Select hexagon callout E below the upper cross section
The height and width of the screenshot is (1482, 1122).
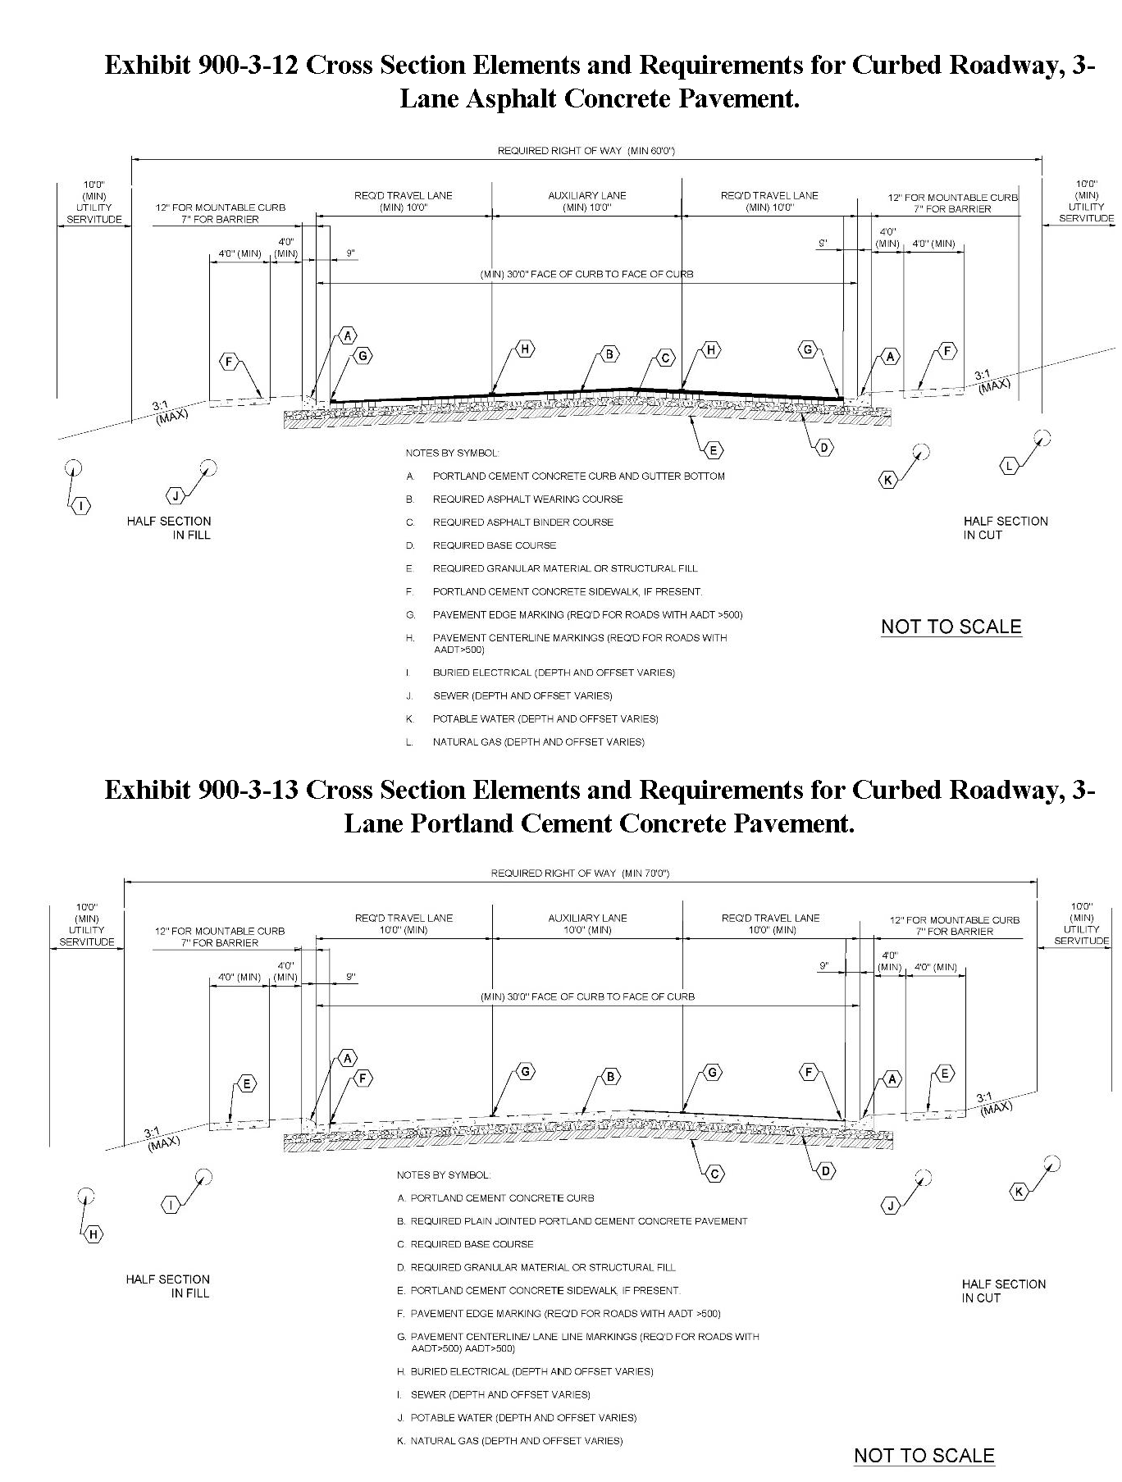point(714,449)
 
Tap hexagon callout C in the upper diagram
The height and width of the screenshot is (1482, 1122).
point(666,358)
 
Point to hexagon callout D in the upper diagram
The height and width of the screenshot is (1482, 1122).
point(825,447)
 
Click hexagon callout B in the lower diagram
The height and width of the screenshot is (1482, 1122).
point(611,1076)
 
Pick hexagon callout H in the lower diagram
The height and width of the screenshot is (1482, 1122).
point(93,1234)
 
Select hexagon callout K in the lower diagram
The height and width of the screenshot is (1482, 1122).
point(1019,1192)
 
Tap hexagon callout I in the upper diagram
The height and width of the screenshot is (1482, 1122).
point(81,506)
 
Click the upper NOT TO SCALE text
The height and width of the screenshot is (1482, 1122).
point(951,627)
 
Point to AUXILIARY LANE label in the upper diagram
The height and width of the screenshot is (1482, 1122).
point(587,195)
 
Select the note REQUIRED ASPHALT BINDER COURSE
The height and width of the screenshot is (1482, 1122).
point(523,522)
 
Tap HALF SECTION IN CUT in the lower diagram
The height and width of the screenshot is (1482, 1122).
point(1004,1291)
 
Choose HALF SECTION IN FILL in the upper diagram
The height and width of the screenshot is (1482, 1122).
point(169,528)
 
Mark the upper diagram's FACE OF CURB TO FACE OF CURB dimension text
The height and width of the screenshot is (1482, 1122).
point(586,274)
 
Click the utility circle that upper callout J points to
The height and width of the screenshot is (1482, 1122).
point(208,467)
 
